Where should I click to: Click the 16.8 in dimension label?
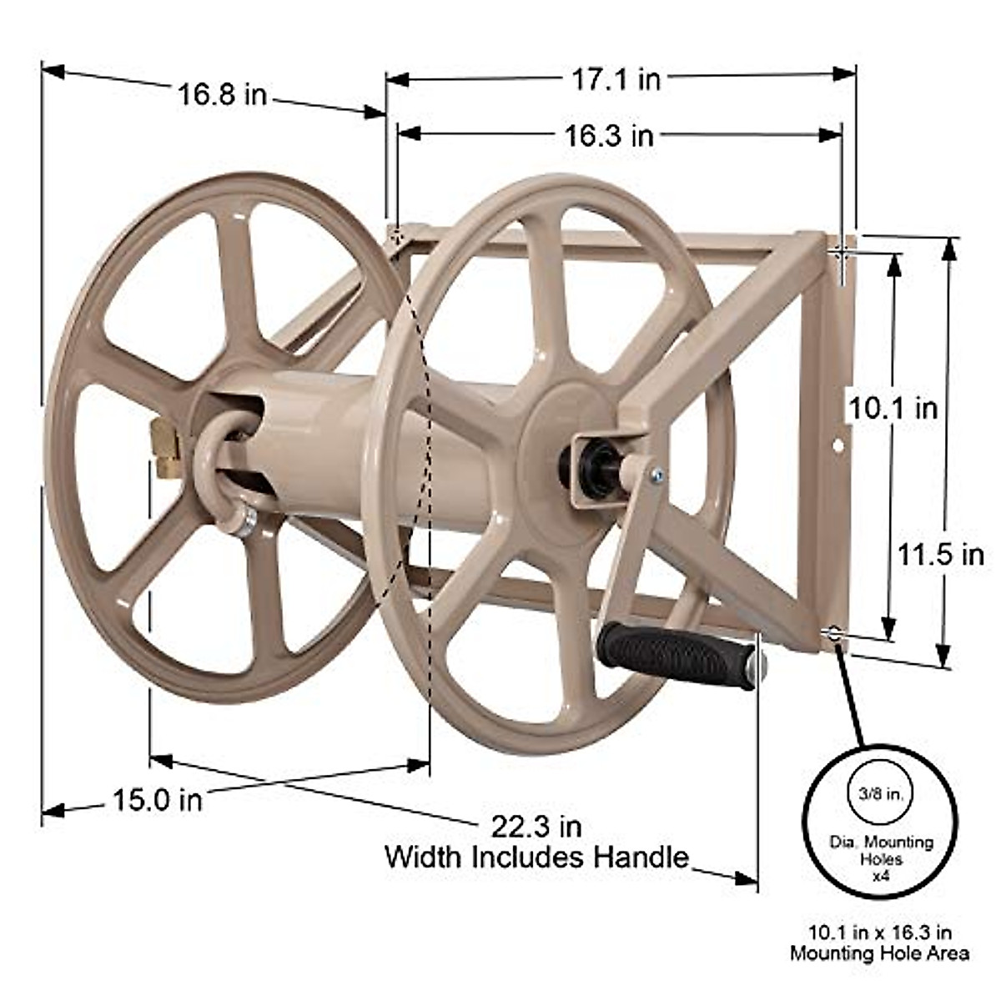(x=221, y=94)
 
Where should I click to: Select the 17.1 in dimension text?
(x=616, y=79)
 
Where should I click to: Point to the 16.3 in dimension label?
(x=608, y=136)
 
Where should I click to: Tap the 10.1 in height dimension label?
(x=893, y=409)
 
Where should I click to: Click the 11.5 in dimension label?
(x=941, y=555)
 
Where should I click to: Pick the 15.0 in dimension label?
(x=158, y=801)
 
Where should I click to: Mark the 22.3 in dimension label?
(x=536, y=827)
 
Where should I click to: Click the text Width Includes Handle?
(x=536, y=857)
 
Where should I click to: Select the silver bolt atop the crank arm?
(x=657, y=476)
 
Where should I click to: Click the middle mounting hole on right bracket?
(x=838, y=446)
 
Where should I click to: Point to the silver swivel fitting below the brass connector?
(x=244, y=524)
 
